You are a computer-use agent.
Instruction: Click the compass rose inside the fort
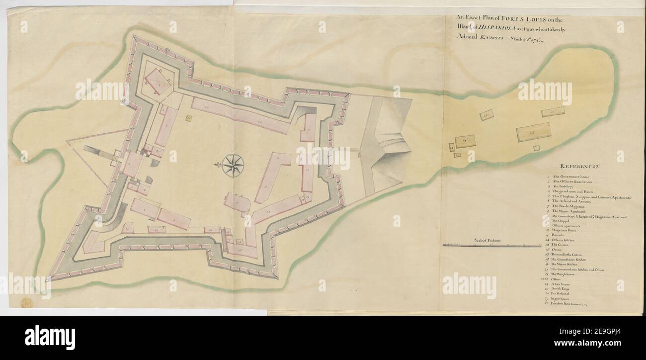(232, 166)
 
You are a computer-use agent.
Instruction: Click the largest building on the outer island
(533, 132)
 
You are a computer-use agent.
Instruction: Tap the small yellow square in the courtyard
(189, 118)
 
